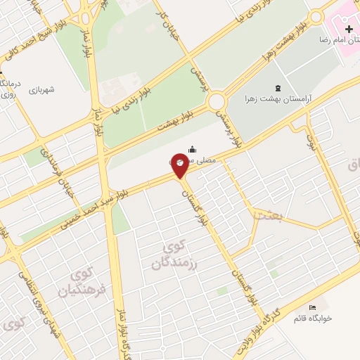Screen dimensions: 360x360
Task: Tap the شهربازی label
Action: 42,90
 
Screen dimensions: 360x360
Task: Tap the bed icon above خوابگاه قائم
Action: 313,308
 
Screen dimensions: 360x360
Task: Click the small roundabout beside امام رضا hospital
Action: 316,17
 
